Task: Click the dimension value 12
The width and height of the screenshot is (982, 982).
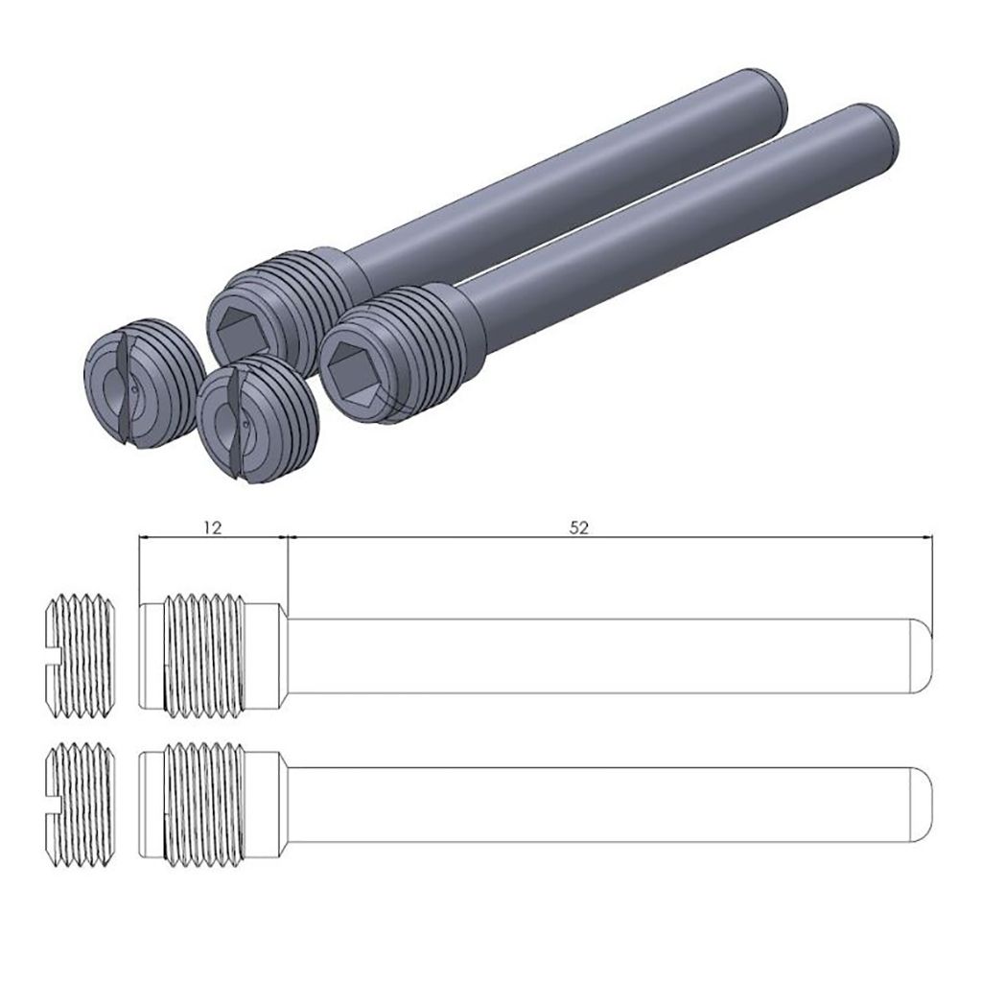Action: point(213,527)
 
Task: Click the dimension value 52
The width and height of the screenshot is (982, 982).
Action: point(579,527)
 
